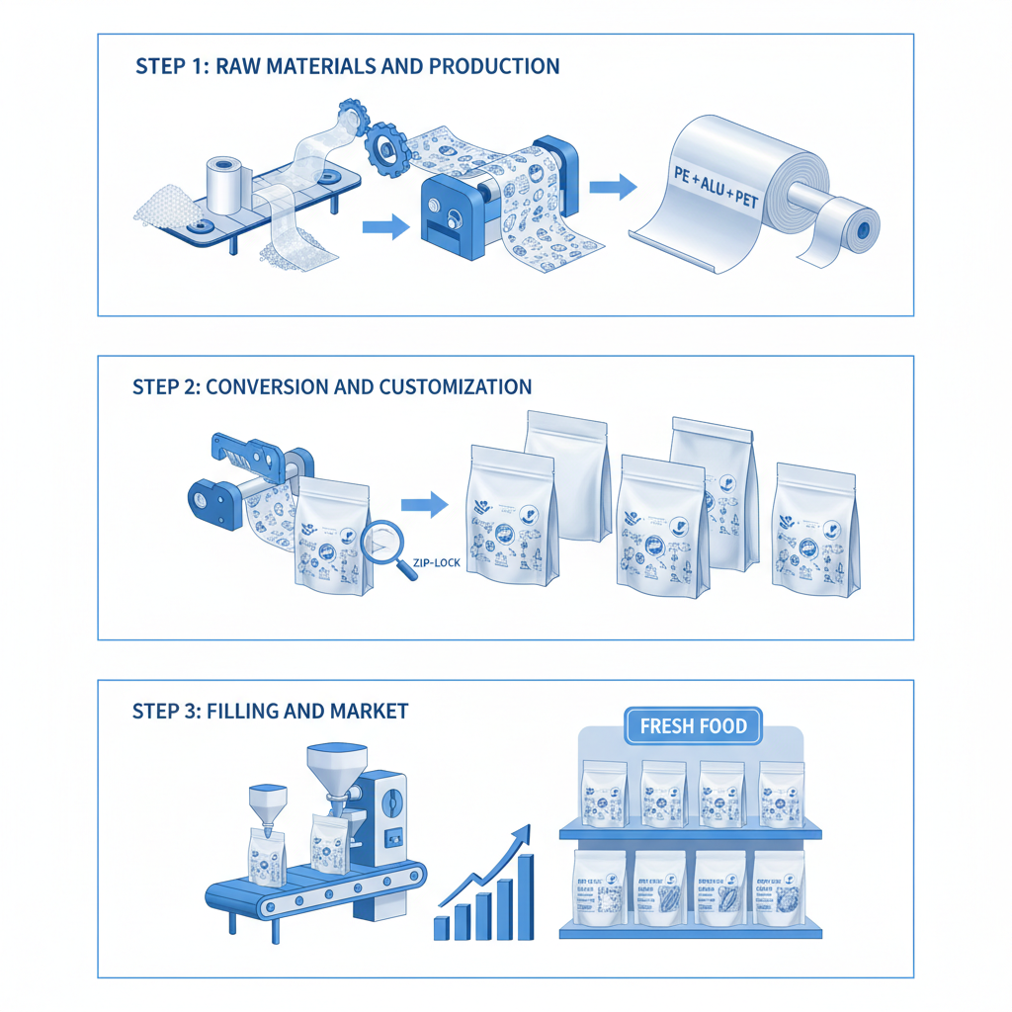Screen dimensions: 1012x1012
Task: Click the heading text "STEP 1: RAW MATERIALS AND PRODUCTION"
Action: click(x=347, y=67)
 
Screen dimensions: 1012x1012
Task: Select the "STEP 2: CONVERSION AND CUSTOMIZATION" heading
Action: click(x=332, y=386)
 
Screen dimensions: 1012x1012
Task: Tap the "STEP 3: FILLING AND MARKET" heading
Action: click(x=270, y=711)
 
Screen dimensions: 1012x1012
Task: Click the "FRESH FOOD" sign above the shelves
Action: click(x=693, y=727)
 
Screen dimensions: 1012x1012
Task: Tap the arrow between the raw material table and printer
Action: click(x=385, y=228)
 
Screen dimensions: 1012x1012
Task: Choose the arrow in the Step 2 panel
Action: click(x=424, y=505)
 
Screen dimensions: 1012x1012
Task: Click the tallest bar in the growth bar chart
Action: click(x=525, y=896)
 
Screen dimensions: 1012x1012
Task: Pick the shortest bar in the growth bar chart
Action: click(x=441, y=927)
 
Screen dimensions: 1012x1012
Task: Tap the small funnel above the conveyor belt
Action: click(x=268, y=800)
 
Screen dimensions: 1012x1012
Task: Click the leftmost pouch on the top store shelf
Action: click(x=603, y=794)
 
